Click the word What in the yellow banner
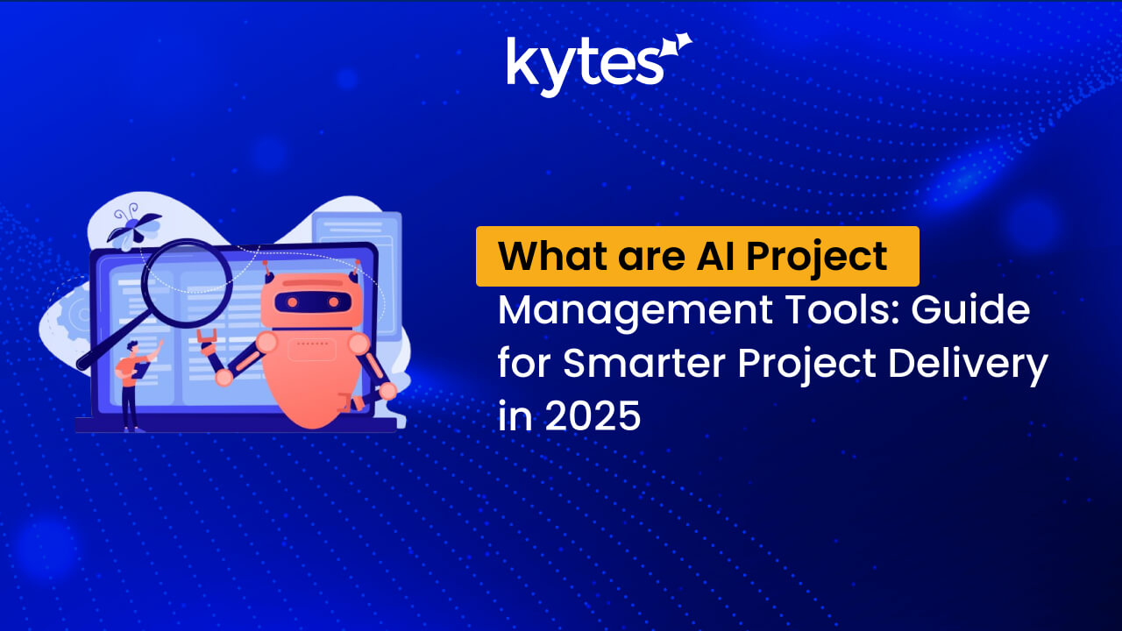tap(552, 257)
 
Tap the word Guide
tap(970, 310)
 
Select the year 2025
tap(593, 415)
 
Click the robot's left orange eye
tap(292, 302)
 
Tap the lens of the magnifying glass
tap(188, 283)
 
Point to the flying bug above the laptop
tap(133, 229)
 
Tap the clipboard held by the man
tap(141, 371)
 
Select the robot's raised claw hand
tap(206, 337)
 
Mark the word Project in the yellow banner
tap(817, 258)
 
